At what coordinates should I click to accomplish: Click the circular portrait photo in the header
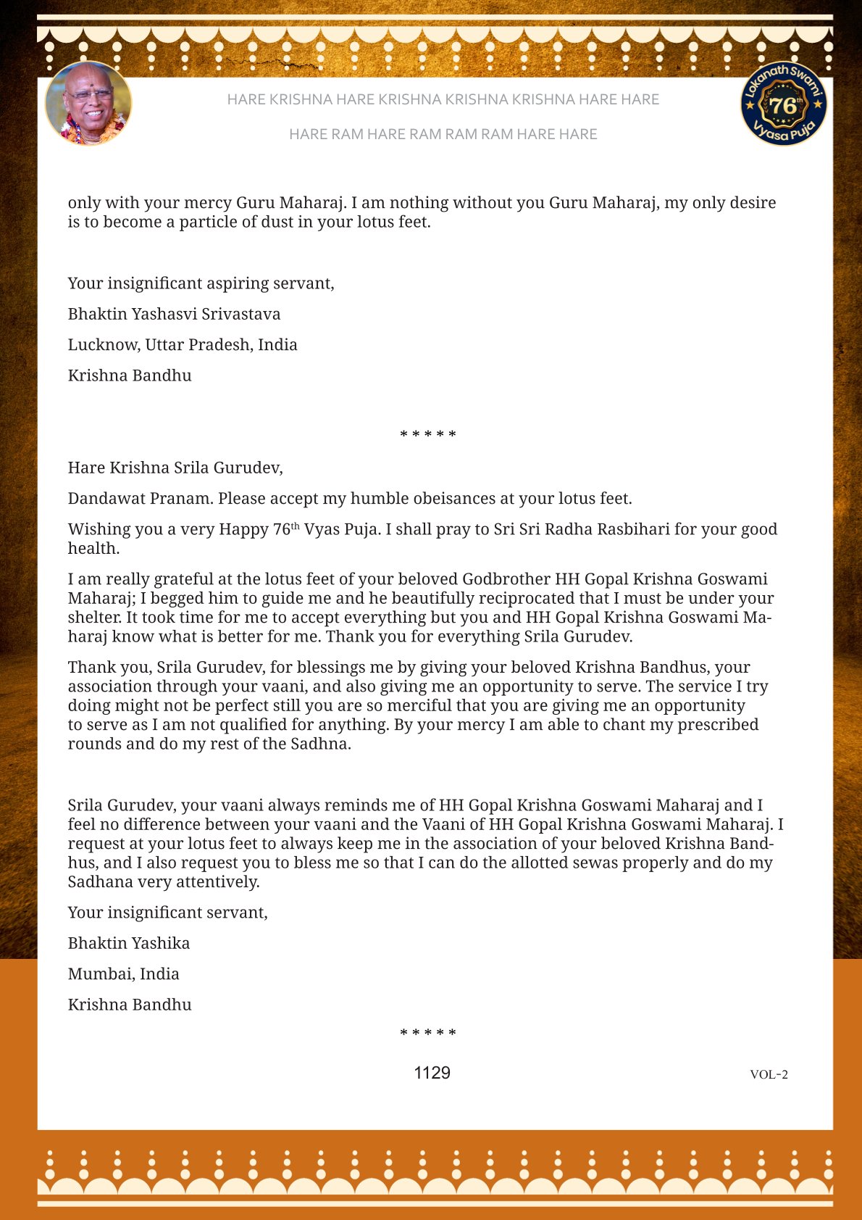pos(88,104)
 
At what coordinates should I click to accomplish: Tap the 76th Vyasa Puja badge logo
pos(784,104)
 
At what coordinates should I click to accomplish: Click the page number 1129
pos(432,1073)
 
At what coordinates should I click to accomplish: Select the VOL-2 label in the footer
pos(769,1074)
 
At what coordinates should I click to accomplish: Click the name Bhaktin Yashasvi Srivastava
pos(174,314)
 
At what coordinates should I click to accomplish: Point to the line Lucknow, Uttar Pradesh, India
pos(183,344)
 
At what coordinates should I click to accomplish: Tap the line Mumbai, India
pos(123,974)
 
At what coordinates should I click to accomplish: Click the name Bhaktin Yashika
pos(129,943)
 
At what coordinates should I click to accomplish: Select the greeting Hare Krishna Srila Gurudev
pos(175,468)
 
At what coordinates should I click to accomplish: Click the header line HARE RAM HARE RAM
pos(443,134)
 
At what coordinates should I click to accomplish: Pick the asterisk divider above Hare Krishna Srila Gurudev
pos(428,435)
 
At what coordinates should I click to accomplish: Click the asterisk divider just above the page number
pos(428,1033)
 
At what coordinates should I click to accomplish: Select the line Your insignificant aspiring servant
pos(201,283)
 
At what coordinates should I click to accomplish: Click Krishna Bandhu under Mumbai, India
pos(130,1005)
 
